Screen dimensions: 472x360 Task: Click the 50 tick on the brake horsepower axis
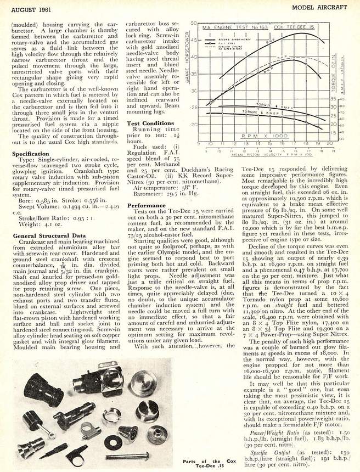194,24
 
